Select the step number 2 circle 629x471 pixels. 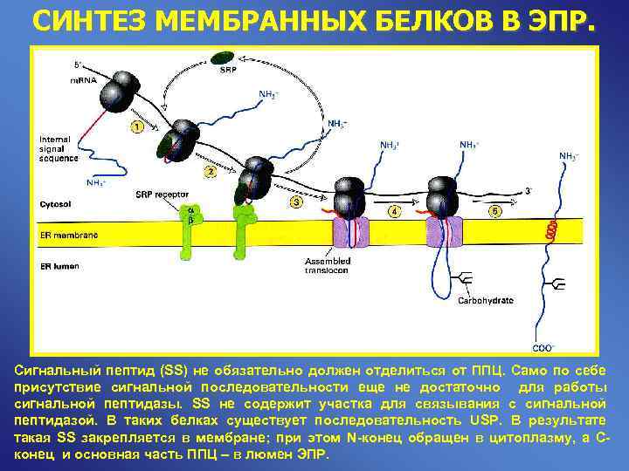[x=210, y=172]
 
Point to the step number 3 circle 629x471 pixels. [x=296, y=202]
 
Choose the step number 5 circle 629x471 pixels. [x=494, y=212]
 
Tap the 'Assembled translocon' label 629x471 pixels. [x=328, y=265]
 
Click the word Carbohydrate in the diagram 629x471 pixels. [x=485, y=300]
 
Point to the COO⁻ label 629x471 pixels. [x=543, y=348]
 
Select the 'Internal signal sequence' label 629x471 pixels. [x=59, y=149]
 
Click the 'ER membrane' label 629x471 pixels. [x=69, y=235]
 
